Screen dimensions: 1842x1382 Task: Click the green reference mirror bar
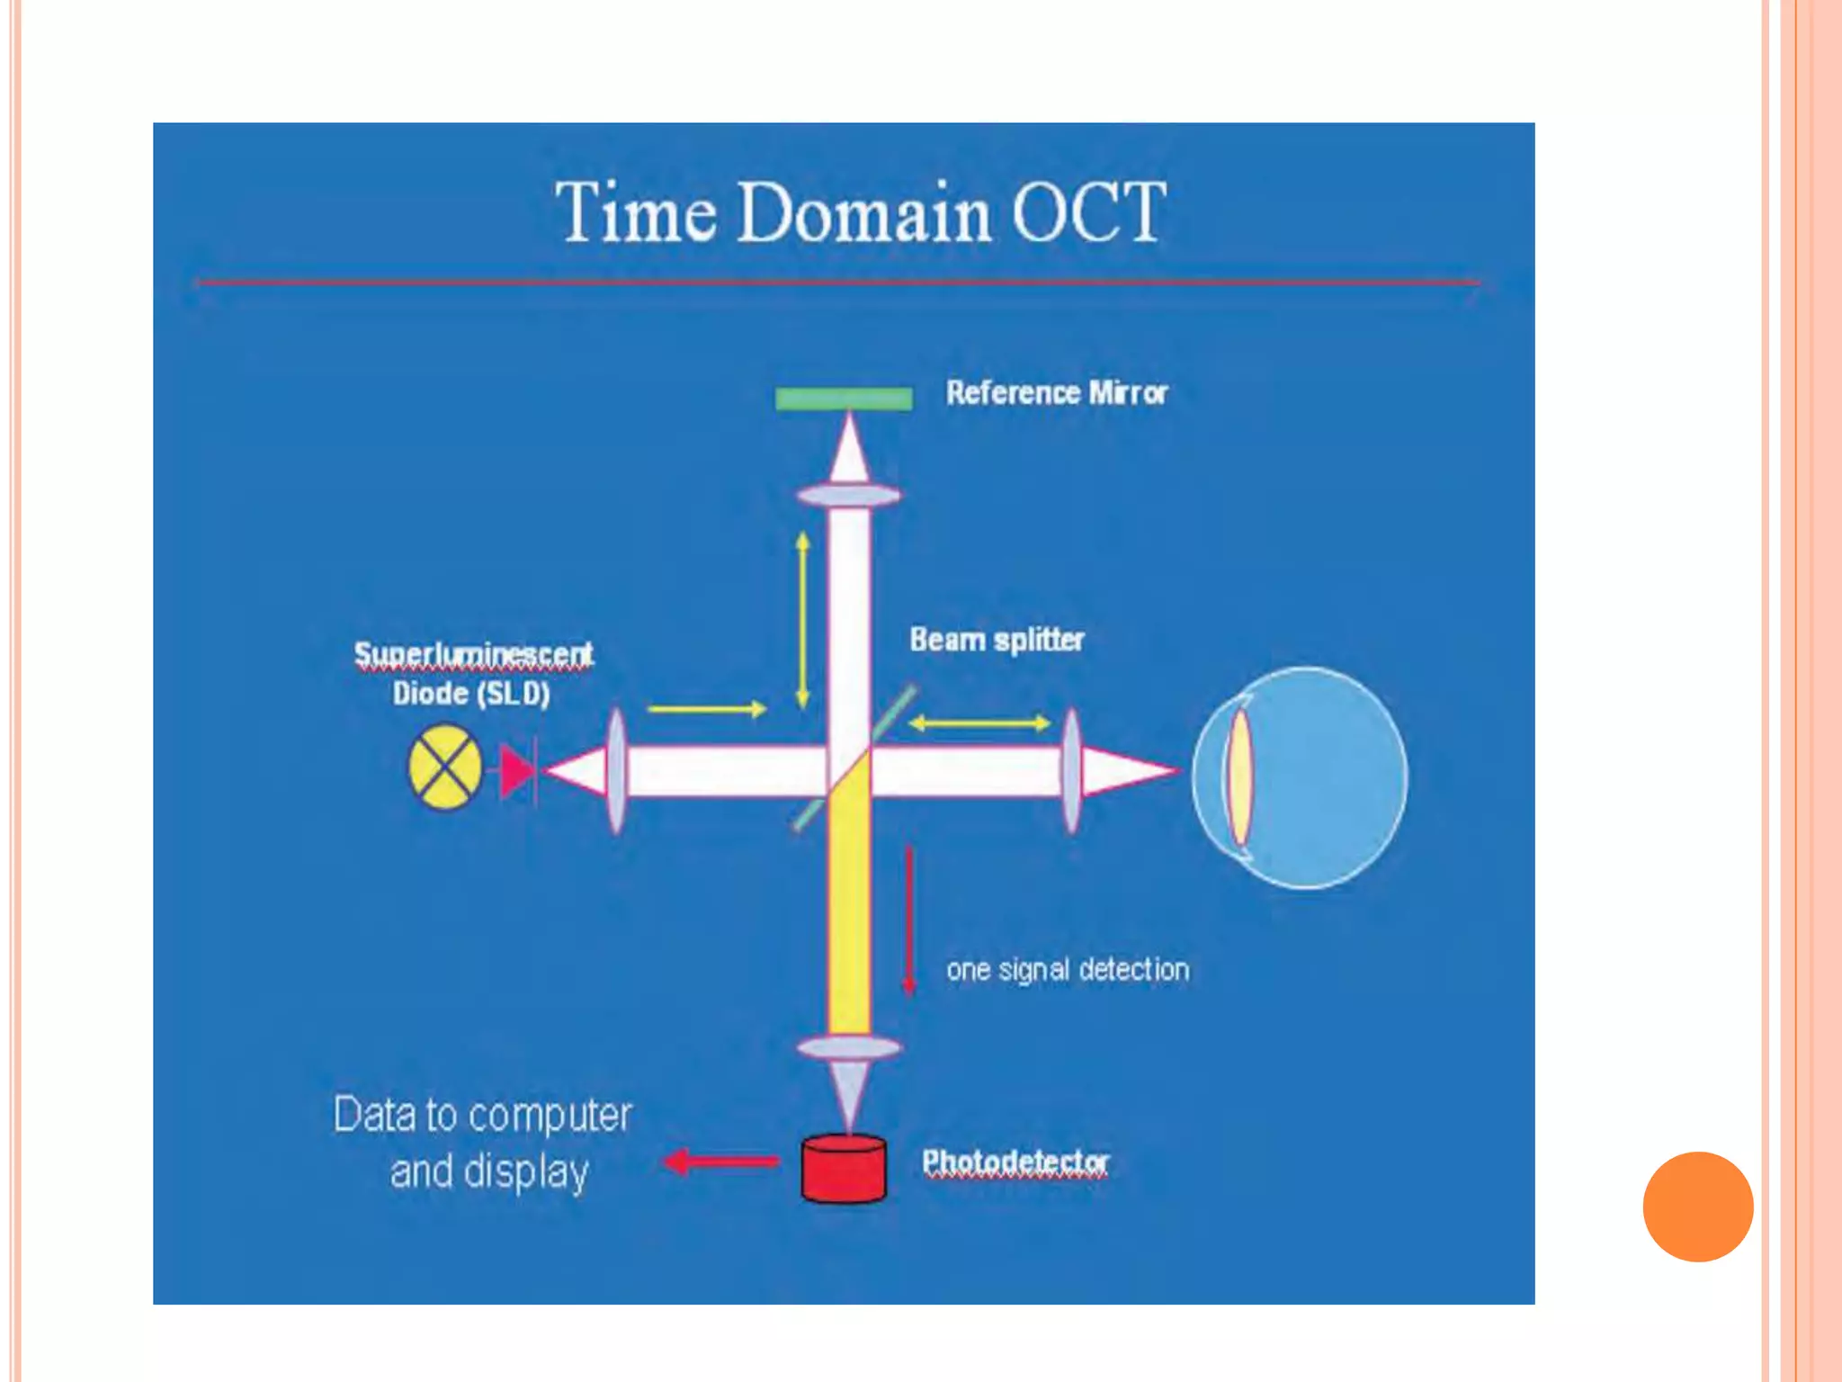(844, 399)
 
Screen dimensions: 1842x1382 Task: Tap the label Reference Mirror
(1056, 393)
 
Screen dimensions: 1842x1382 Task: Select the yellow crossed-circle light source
(445, 768)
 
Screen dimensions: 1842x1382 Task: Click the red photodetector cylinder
(844, 1169)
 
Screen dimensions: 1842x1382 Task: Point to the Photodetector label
(1015, 1162)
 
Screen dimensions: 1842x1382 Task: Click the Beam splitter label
(997, 640)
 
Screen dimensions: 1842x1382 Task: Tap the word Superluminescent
(473, 654)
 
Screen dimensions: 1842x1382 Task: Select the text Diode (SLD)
(470, 694)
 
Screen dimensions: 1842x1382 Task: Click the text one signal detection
(1068, 970)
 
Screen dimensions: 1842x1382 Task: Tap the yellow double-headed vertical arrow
(803, 619)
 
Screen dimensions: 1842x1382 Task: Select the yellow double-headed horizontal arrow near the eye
(979, 722)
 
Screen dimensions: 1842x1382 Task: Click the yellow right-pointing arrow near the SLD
(707, 709)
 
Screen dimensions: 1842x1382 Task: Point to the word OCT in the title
(1089, 212)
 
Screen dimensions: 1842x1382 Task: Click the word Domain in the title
(863, 212)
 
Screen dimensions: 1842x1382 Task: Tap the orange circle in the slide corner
(1697, 1207)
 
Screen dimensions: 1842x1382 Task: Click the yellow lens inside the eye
(1240, 776)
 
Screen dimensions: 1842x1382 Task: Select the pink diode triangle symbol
(517, 771)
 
